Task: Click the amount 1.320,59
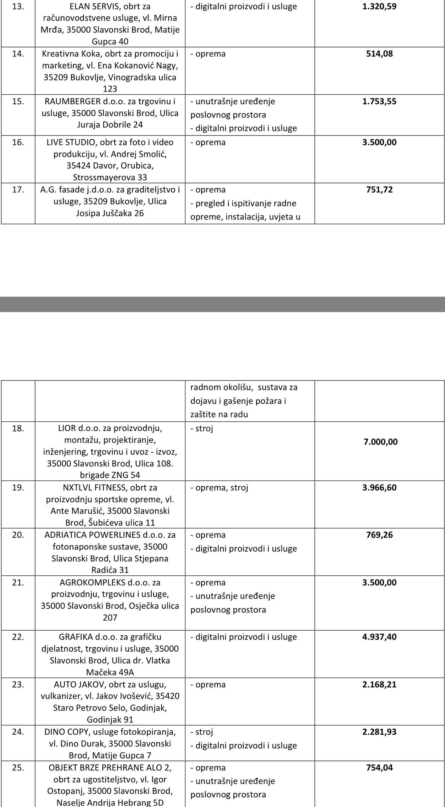coord(379,6)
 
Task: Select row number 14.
coord(18,54)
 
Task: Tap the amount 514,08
coord(379,54)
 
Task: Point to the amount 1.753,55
coord(379,101)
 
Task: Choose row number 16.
coord(18,142)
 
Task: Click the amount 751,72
coord(379,189)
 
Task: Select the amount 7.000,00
coord(380,442)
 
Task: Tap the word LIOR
coord(67,428)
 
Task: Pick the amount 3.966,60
coord(379,487)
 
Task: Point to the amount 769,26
coord(379,535)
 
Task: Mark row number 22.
coord(18,637)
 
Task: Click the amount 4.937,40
coord(379,637)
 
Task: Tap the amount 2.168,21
coord(379,684)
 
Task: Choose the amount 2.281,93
coord(379,732)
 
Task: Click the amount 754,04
coord(379,768)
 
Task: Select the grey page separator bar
coord(222,304)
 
